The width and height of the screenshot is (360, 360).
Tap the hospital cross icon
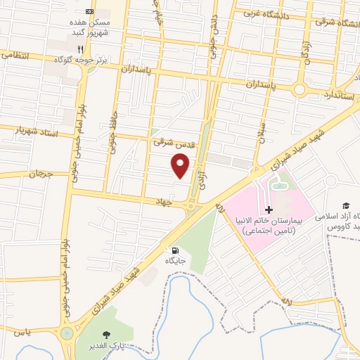[x=269, y=210]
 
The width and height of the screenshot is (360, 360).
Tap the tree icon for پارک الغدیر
[x=107, y=335]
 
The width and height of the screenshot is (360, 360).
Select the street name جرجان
[x=40, y=173]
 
